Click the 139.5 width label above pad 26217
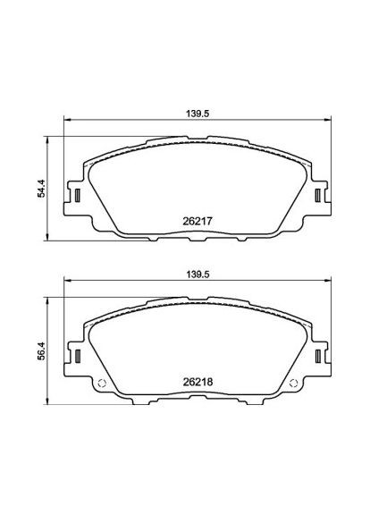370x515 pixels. tap(186, 114)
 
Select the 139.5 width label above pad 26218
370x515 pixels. tap(186, 274)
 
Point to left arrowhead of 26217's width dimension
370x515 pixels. tap(65, 122)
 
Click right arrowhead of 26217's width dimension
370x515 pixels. tap(307, 122)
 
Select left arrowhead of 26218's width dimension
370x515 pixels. tap(65, 284)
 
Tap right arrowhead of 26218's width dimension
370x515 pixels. tap(307, 284)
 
